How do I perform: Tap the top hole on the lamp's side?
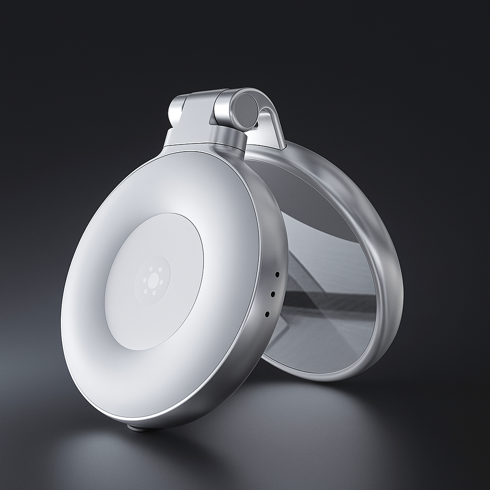coord(277,275)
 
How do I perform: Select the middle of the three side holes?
coord(272,295)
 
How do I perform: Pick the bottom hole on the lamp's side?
coord(267,314)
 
